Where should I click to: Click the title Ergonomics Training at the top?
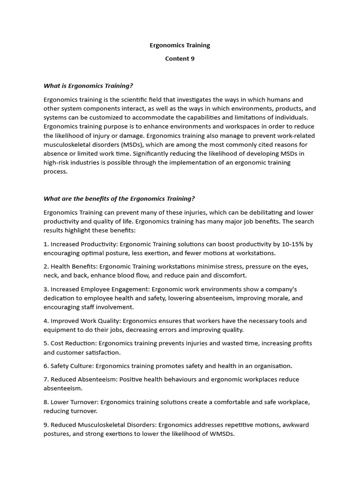(x=180, y=45)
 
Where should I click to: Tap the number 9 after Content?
(x=192, y=59)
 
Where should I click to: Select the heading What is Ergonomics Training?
(x=88, y=85)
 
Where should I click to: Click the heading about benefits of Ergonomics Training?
(x=119, y=199)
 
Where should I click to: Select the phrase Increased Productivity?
(x=74, y=244)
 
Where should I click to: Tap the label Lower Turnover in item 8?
(x=74, y=402)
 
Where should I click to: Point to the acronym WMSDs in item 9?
(x=221, y=434)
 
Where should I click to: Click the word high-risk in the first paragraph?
(x=58, y=162)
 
